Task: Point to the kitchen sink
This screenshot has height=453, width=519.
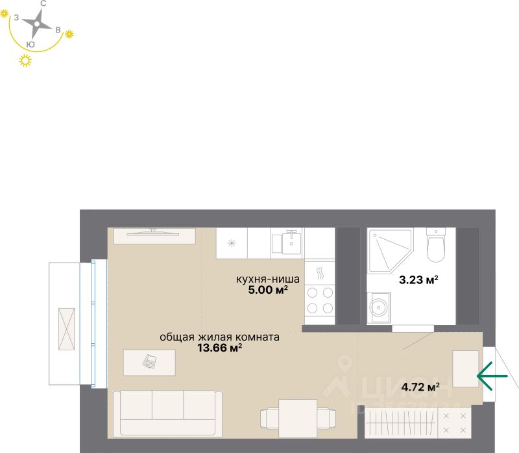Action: tap(291, 242)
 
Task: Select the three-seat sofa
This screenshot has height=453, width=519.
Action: tap(167, 412)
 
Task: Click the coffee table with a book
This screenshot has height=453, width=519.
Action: tap(149, 362)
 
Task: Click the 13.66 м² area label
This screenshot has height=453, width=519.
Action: tap(219, 348)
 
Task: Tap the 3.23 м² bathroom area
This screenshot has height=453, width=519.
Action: tap(418, 281)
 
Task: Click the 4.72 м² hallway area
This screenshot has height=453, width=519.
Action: tap(420, 387)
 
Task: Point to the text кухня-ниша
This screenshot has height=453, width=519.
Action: tap(267, 279)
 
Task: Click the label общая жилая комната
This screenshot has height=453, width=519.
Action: tap(219, 337)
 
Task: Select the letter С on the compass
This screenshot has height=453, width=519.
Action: tap(43, 4)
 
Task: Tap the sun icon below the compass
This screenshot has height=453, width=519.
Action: tap(25, 61)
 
